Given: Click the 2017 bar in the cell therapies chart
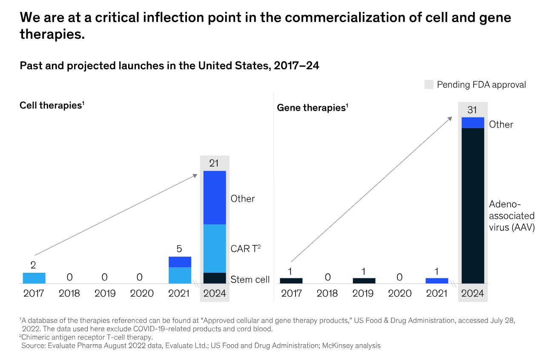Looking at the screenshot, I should point(34,278).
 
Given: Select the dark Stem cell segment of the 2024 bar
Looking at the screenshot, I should point(215,278).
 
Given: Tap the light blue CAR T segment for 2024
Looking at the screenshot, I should point(215,248).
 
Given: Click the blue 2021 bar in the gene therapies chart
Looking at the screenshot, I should point(437,280).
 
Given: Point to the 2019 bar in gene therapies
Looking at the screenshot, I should point(364,280).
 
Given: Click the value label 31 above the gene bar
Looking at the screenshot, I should point(472,110).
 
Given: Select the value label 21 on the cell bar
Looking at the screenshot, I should point(215,163).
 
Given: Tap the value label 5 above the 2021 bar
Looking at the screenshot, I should point(180,249).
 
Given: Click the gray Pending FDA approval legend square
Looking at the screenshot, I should point(429,84).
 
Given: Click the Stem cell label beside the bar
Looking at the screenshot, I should point(250,280).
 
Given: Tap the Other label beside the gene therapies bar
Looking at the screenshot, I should point(501,124).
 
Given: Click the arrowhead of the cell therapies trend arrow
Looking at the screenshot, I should point(195,175).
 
